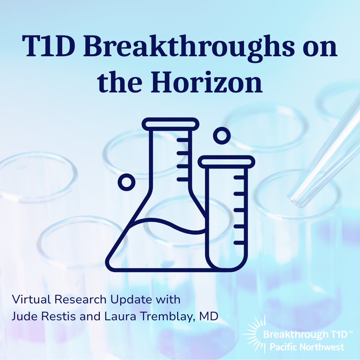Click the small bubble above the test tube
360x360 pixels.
click(222, 135)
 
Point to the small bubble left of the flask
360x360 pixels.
click(126, 182)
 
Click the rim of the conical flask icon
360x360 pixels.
click(171, 123)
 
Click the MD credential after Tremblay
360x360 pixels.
click(209, 316)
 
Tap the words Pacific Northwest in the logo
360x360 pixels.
click(307, 347)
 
